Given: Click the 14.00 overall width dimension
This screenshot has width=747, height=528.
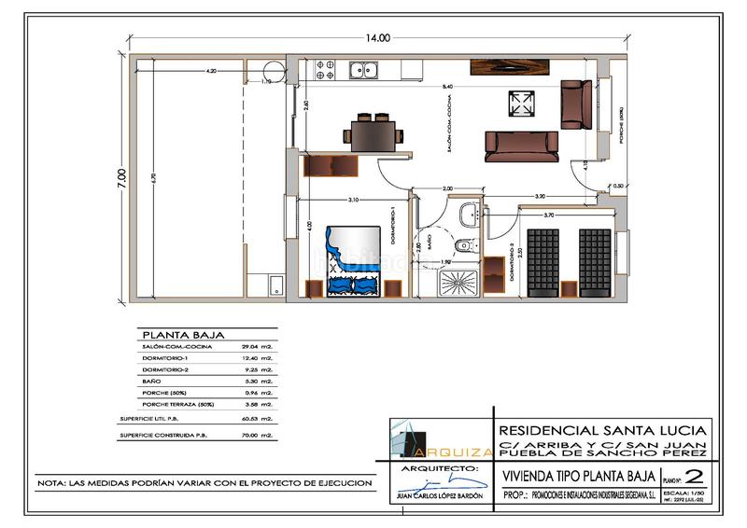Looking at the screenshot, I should click(x=378, y=38).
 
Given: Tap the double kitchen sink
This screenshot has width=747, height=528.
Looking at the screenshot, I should click(x=360, y=68).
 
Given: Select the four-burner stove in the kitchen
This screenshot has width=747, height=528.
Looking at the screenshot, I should click(x=327, y=68).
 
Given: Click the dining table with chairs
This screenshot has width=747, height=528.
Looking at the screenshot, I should click(x=376, y=133).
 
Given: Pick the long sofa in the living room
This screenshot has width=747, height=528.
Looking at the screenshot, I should click(x=522, y=145).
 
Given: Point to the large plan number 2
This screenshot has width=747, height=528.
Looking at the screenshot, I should click(x=692, y=476).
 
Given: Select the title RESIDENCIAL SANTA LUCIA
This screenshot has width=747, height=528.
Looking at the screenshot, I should click(x=603, y=430).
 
